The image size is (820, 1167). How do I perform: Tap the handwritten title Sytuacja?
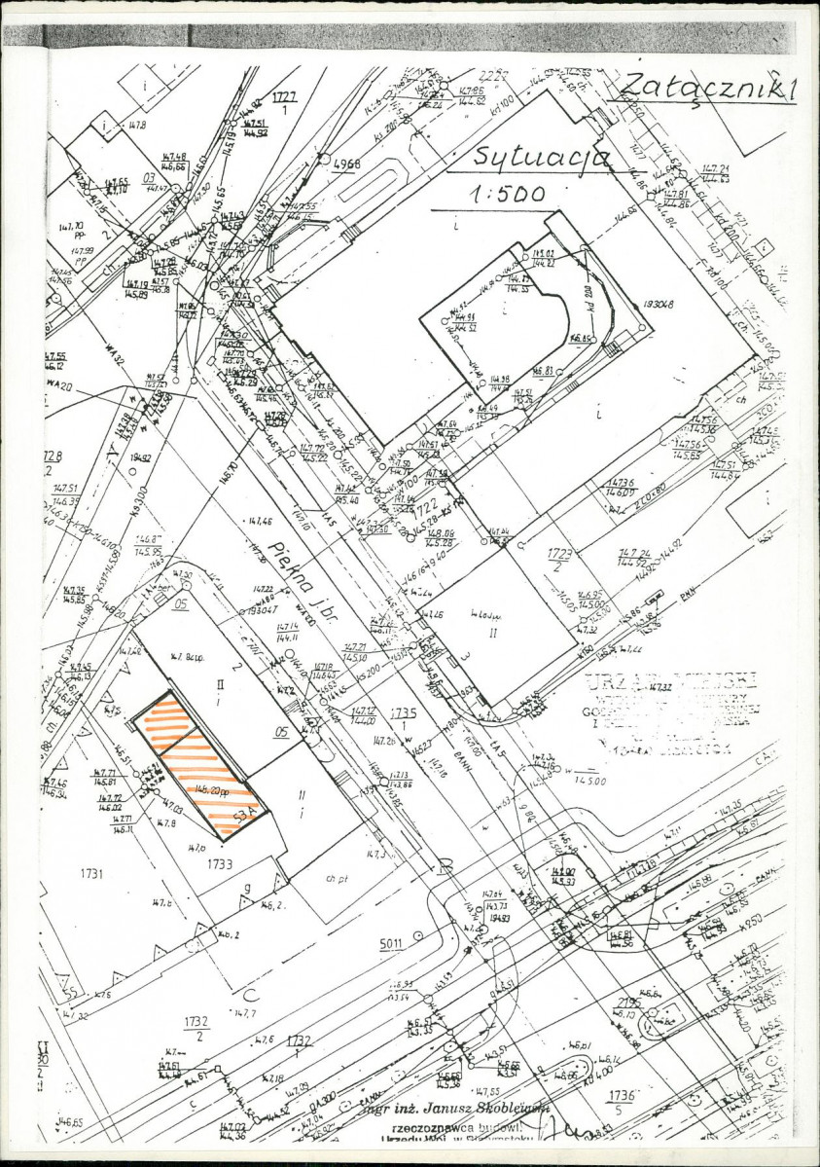pos(540,156)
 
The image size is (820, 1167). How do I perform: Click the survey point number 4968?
pos(346,164)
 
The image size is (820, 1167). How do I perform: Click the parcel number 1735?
pos(404,712)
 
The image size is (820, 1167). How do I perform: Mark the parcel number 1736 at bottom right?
pos(619,1096)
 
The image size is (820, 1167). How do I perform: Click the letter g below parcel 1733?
pos(248,888)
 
